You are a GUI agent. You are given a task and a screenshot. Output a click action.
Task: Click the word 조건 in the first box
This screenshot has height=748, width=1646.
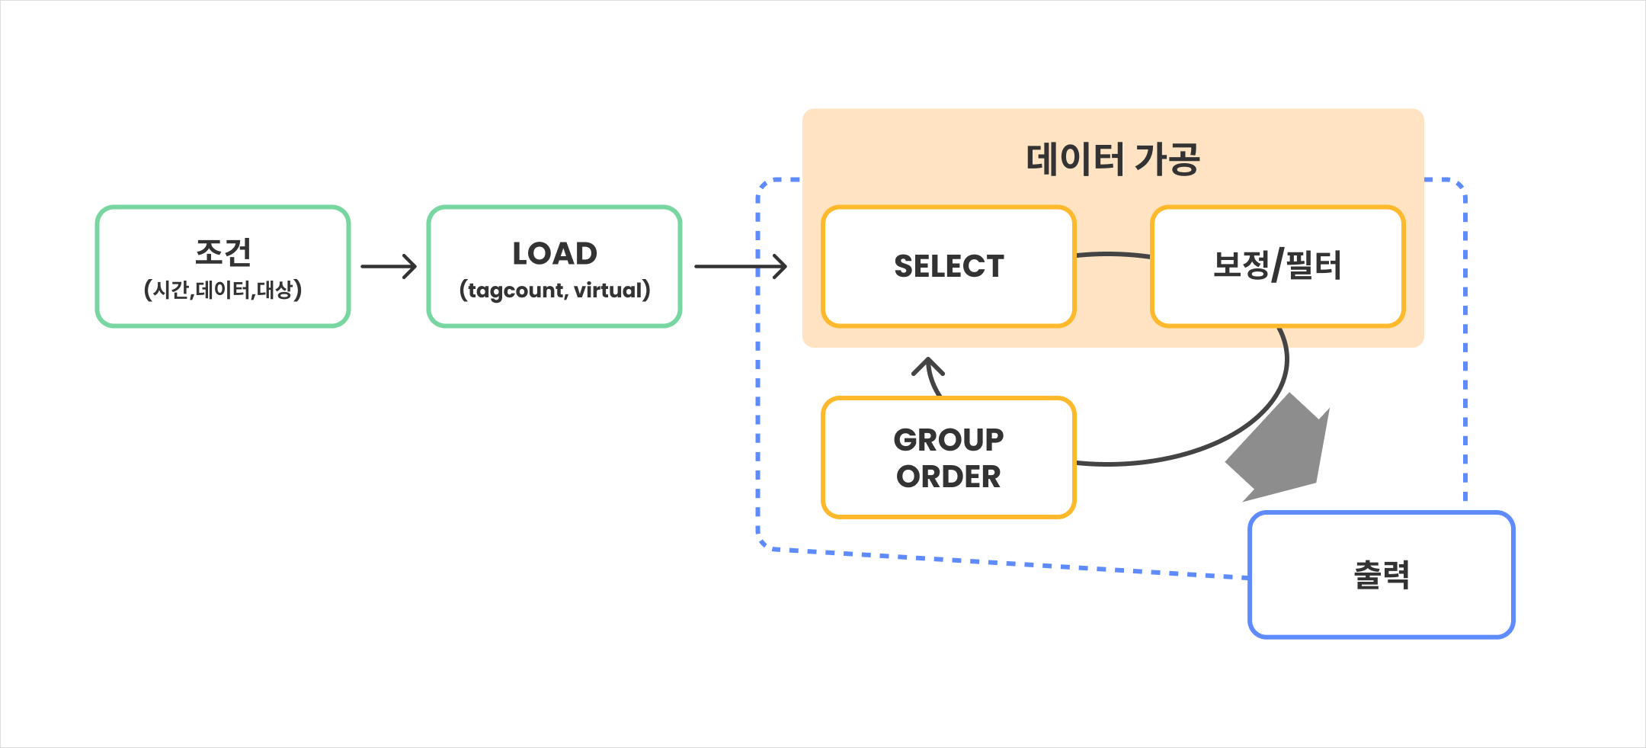click(x=223, y=252)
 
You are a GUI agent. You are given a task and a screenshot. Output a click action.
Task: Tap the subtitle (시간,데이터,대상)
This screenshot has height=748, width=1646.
click(x=223, y=290)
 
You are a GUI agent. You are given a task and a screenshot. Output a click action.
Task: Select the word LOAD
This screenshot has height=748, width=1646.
click(x=554, y=254)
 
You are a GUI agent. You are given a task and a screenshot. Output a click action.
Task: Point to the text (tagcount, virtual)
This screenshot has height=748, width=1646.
click(x=554, y=291)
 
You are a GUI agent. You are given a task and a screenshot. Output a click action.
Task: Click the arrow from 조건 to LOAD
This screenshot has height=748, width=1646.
click(x=389, y=266)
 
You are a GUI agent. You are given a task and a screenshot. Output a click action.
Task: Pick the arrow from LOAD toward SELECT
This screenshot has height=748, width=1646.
click(x=740, y=266)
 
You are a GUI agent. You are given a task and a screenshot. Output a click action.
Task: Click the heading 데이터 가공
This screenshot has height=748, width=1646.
click(x=1113, y=159)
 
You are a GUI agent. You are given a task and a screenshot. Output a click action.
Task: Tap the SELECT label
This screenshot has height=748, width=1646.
click(x=949, y=266)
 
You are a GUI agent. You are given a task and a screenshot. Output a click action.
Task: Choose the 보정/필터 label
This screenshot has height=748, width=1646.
click(x=1277, y=265)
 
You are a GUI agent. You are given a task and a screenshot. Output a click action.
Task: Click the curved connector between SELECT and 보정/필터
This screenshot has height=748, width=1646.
click(x=1113, y=255)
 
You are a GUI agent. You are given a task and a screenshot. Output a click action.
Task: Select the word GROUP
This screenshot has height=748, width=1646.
click(x=949, y=440)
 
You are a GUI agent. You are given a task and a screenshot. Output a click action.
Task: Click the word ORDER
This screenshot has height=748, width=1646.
click(x=949, y=477)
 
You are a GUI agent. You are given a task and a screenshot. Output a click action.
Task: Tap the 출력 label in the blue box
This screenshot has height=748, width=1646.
click(x=1381, y=575)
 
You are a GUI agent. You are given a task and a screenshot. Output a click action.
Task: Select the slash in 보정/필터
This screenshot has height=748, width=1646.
click(x=1277, y=265)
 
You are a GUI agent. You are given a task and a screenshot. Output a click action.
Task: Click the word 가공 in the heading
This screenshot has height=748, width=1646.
click(x=1167, y=159)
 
